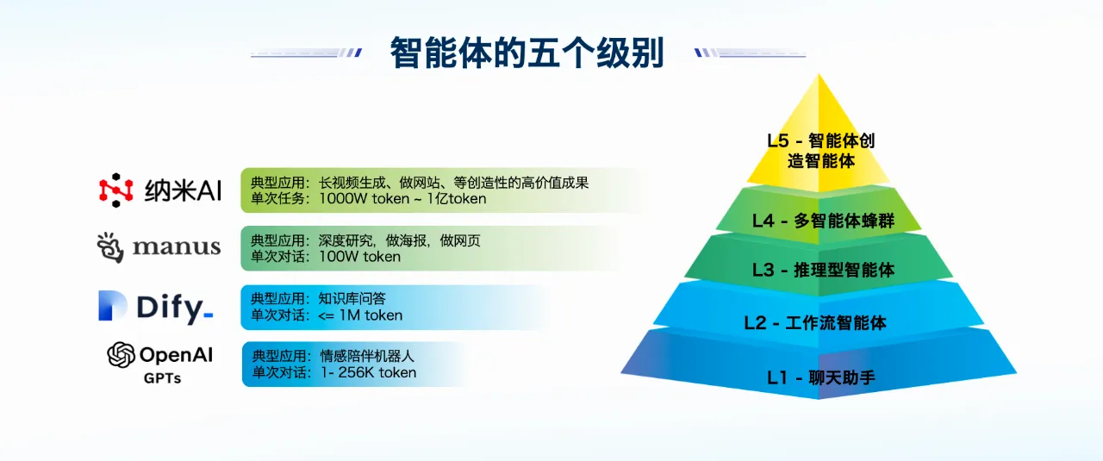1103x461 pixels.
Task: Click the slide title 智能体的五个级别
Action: (x=527, y=52)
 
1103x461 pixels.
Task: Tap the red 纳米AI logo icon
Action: (x=116, y=190)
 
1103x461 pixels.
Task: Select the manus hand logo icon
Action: (x=111, y=247)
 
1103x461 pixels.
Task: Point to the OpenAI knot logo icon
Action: (x=122, y=355)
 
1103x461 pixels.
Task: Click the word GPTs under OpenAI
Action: (x=162, y=377)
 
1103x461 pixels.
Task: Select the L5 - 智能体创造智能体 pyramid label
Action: (x=820, y=150)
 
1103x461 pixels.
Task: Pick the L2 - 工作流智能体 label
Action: (x=815, y=323)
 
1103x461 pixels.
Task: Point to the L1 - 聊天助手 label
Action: (x=821, y=377)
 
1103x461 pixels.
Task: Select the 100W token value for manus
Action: (x=359, y=257)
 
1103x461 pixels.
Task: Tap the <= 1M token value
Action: (x=360, y=315)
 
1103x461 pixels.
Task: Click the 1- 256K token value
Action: (x=368, y=373)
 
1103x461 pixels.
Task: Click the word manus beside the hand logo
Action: (x=177, y=247)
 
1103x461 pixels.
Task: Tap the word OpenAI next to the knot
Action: (x=176, y=354)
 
